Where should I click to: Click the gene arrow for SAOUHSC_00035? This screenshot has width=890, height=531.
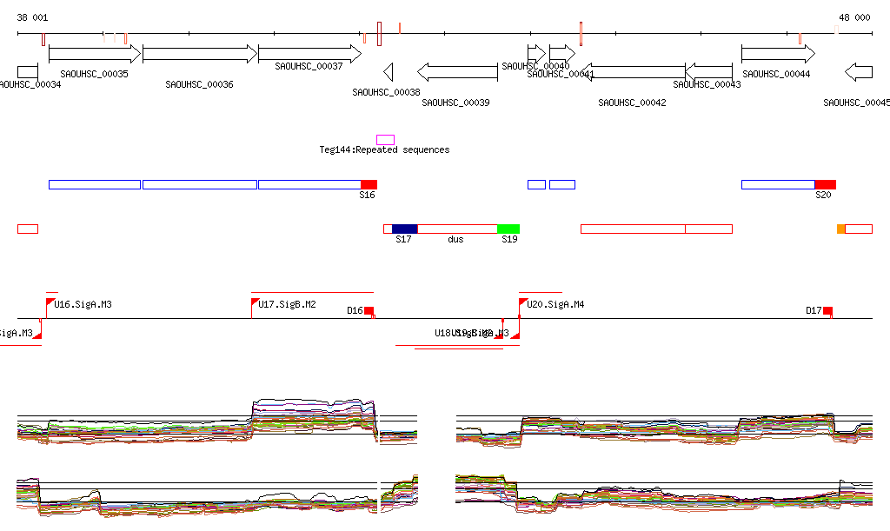[x=94, y=54]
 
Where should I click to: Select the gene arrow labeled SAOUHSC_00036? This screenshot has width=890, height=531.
[x=200, y=54]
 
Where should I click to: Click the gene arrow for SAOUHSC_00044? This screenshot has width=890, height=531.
[x=777, y=54]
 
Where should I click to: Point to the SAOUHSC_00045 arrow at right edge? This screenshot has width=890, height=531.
[x=860, y=71]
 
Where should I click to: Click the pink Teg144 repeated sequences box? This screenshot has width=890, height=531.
[x=385, y=140]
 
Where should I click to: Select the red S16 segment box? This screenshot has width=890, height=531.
[x=369, y=184]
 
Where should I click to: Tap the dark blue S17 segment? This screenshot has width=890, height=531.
[x=405, y=229]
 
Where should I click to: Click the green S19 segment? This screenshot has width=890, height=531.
[x=508, y=229]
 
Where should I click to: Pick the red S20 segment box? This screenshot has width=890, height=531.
[x=825, y=184]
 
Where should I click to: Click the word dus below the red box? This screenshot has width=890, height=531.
[x=455, y=239]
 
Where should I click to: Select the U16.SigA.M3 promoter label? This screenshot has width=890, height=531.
[x=83, y=304]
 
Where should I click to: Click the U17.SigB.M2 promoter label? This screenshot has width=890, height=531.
[x=287, y=304]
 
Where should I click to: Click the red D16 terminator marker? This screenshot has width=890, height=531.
[x=369, y=311]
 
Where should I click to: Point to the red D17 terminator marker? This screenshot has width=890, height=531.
[x=827, y=311]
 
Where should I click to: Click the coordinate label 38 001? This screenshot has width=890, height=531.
[x=33, y=17]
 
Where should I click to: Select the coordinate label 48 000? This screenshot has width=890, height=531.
[x=854, y=17]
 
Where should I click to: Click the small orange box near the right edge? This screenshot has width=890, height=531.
[x=840, y=229]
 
